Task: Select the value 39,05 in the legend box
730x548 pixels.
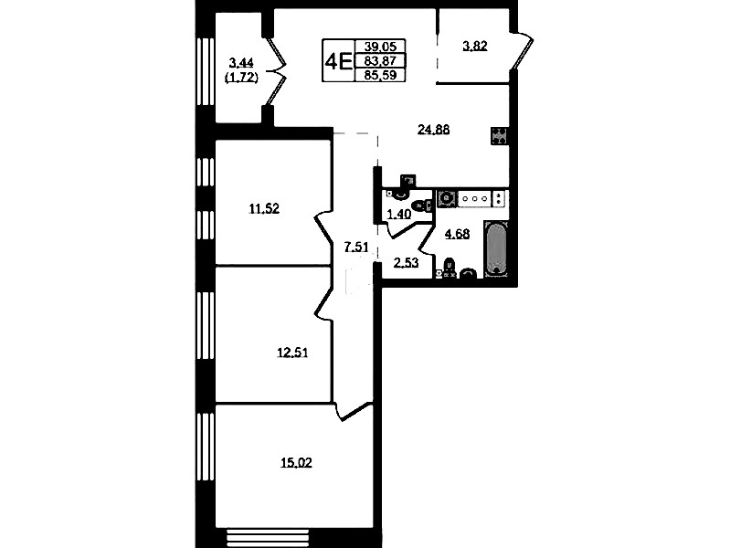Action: [x=380, y=46]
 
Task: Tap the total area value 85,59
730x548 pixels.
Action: [x=380, y=75]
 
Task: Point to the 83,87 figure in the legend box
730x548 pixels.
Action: [x=380, y=60]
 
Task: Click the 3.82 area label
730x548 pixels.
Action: [x=475, y=46]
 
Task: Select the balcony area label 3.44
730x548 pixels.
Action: [x=241, y=62]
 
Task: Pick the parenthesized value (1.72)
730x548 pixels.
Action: [x=241, y=78]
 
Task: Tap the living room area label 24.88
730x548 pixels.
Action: [x=433, y=130]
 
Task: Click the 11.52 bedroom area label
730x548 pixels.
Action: [x=264, y=209]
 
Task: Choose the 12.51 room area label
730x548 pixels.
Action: [x=292, y=353]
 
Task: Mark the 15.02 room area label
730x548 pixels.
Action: [x=296, y=462]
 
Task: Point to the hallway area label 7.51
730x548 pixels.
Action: [x=356, y=247]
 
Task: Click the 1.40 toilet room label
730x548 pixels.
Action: [x=399, y=214]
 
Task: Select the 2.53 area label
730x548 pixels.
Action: [x=406, y=263]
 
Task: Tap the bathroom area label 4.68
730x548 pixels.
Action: [x=457, y=234]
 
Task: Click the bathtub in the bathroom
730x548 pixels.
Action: [x=496, y=248]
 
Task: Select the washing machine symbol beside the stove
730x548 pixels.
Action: [x=447, y=199]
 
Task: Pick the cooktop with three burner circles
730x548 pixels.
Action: [x=474, y=199]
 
